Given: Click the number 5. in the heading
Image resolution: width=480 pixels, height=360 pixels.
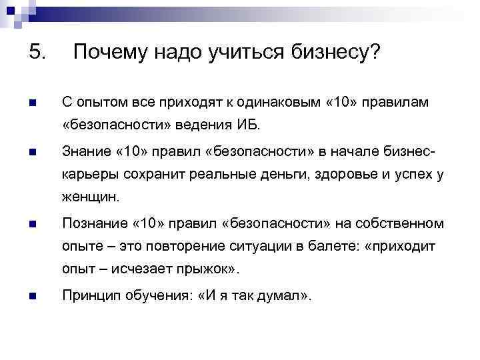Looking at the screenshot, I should [37, 51].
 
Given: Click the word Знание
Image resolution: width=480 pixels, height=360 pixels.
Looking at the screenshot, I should [86, 151].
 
